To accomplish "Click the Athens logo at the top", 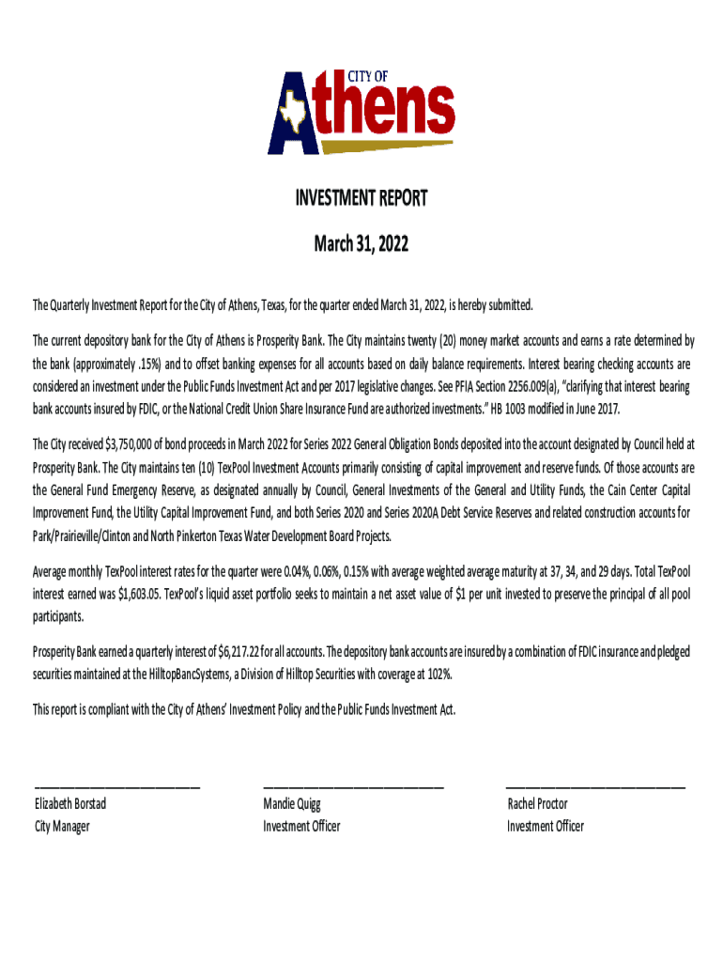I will point(361,112).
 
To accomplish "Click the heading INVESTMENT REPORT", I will point(361,198).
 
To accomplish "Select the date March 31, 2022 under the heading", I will point(361,245).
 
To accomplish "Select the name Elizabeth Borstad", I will point(70,804).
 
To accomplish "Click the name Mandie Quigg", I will point(292,804).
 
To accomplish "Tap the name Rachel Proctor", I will point(537,804).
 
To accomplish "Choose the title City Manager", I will point(62,827).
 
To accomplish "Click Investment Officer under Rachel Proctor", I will point(546,827).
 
